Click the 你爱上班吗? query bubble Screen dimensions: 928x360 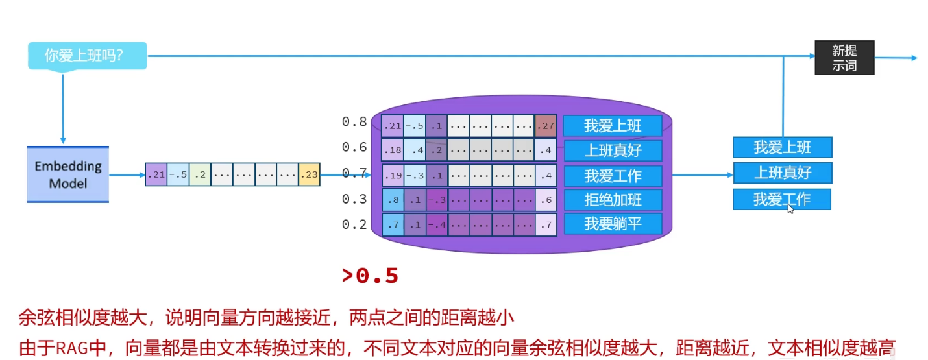(x=87, y=56)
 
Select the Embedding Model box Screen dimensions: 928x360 (x=68, y=174)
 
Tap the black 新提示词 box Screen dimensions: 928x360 (x=844, y=58)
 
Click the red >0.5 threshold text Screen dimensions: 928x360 (x=370, y=276)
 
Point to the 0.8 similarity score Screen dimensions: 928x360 (x=354, y=122)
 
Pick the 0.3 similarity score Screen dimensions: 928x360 (x=354, y=199)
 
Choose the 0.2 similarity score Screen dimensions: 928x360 (x=354, y=224)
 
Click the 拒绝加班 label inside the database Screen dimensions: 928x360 (x=613, y=199)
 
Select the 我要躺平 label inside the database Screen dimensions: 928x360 (x=613, y=224)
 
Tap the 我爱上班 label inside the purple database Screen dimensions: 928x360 (x=613, y=125)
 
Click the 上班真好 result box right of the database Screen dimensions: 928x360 (x=782, y=173)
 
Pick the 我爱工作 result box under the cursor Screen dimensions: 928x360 (x=782, y=199)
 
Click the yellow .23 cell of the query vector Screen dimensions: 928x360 (x=310, y=174)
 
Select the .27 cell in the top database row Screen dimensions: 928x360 (x=546, y=126)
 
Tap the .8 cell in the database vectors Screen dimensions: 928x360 (x=392, y=200)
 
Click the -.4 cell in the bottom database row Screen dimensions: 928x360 (x=437, y=225)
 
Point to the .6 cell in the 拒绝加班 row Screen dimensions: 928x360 (x=546, y=200)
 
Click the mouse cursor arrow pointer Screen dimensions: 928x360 (x=790, y=208)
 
